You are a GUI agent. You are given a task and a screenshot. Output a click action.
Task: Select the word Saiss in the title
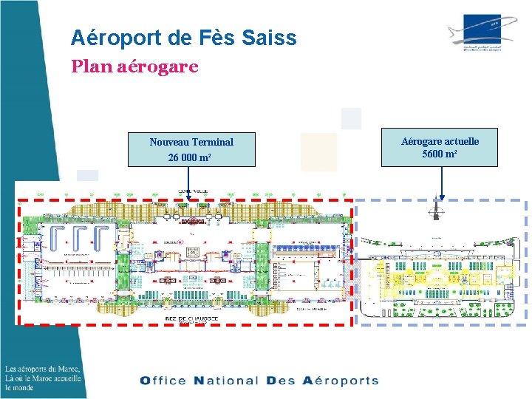tap(270, 38)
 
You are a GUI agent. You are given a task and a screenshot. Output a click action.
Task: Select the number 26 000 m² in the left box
tap(191, 158)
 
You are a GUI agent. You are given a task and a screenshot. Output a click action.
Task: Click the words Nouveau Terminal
tap(191, 142)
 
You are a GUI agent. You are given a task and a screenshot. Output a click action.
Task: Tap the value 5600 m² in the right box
tap(440, 154)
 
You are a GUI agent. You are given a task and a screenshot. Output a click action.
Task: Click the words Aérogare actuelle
tap(440, 140)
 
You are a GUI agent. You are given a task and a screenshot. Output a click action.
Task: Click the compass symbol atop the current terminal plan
tap(437, 211)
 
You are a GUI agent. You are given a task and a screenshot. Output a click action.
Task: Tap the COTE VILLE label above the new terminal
tap(192, 191)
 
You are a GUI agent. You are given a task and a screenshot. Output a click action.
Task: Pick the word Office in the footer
tap(163, 381)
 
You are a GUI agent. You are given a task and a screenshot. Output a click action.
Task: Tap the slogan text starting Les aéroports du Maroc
tap(42, 378)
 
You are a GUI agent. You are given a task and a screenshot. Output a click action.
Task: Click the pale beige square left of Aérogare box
tap(318, 151)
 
